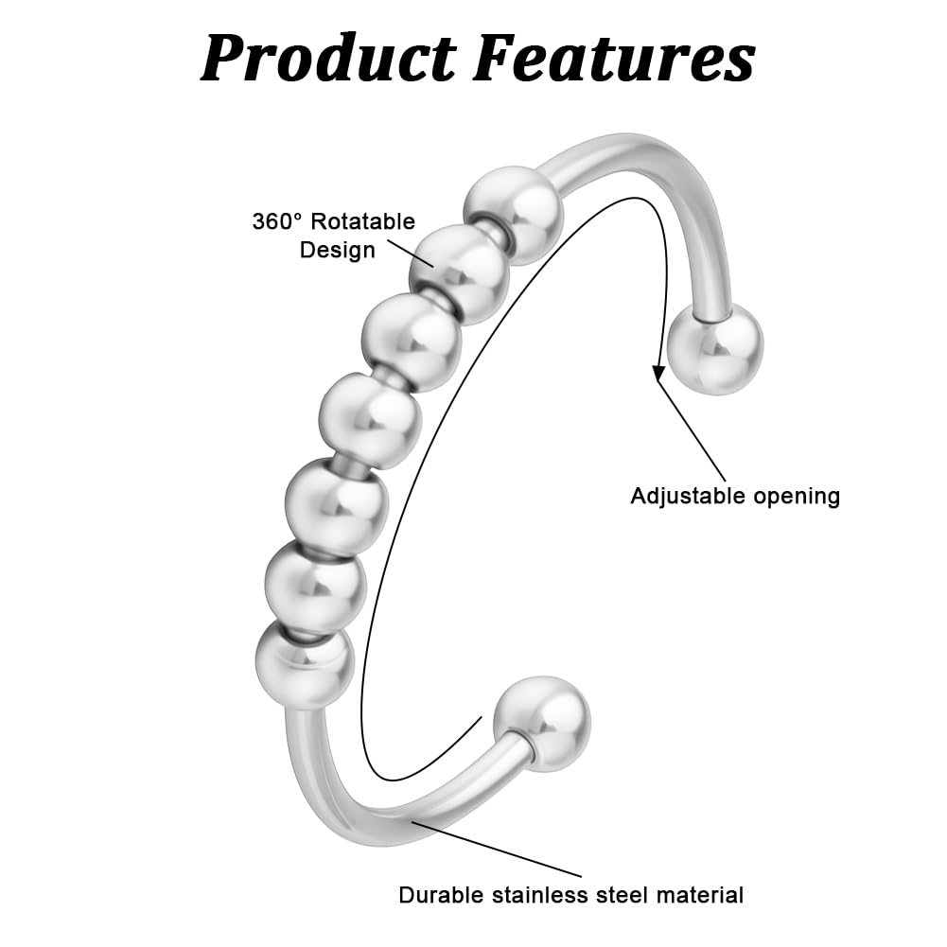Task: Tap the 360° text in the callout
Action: (x=276, y=221)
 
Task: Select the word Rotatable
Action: (x=363, y=221)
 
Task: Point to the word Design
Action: (x=338, y=251)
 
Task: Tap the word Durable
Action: (x=441, y=895)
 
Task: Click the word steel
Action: (x=623, y=895)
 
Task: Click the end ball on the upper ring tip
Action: (x=715, y=349)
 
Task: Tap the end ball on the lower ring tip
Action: (x=542, y=724)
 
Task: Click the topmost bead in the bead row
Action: (x=515, y=215)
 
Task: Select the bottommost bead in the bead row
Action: (x=305, y=664)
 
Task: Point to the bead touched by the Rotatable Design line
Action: (x=460, y=273)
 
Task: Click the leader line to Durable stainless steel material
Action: (x=497, y=849)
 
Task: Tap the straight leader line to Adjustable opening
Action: (x=692, y=431)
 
